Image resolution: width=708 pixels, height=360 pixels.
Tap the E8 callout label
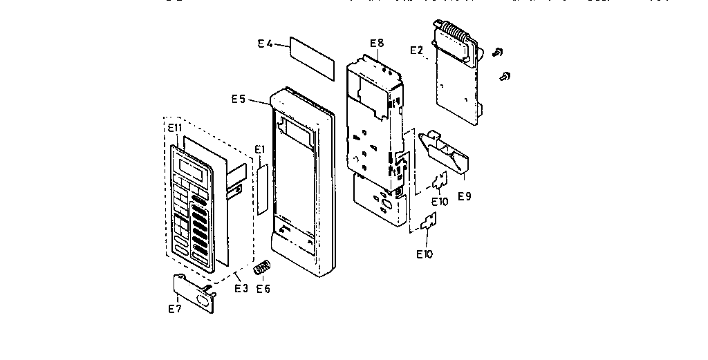tap(376, 43)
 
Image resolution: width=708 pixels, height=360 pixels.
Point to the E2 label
tap(416, 50)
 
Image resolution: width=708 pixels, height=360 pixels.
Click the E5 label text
tap(239, 100)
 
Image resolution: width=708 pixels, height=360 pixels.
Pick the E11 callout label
tap(174, 128)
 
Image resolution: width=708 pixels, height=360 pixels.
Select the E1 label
tap(260, 149)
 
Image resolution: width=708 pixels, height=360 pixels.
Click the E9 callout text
tap(465, 196)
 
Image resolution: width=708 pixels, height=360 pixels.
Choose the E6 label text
tap(263, 288)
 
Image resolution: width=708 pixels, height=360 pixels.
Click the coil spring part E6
tap(262, 267)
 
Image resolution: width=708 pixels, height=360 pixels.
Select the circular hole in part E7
tap(205, 301)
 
